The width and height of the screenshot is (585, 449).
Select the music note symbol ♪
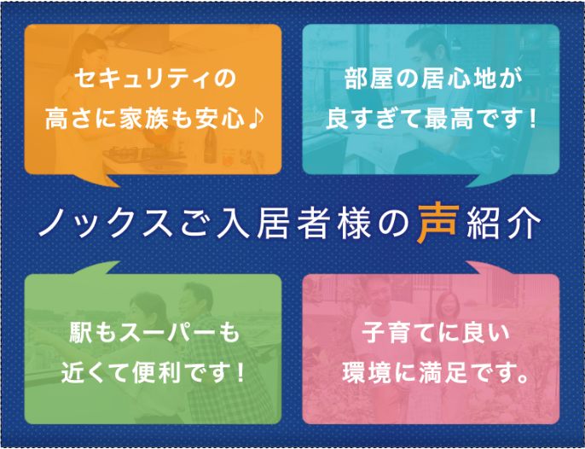[257, 120]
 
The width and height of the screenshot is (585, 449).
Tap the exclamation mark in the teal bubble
[531, 120]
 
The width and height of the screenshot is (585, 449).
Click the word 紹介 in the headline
[504, 225]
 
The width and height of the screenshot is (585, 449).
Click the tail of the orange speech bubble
[96, 180]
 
